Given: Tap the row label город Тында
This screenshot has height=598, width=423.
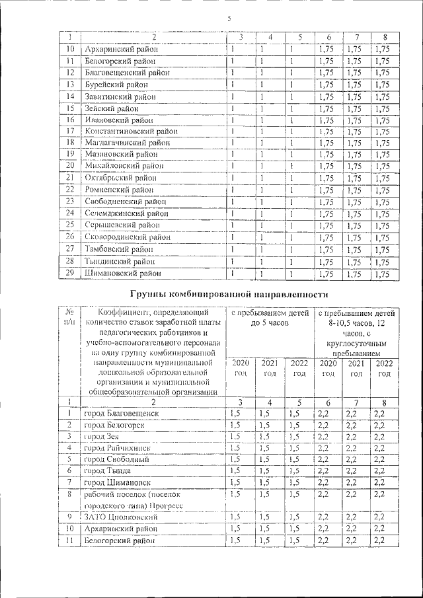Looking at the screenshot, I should pyautogui.click(x=106, y=470).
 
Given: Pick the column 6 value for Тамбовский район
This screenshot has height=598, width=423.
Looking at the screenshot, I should pyautogui.click(x=325, y=250).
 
